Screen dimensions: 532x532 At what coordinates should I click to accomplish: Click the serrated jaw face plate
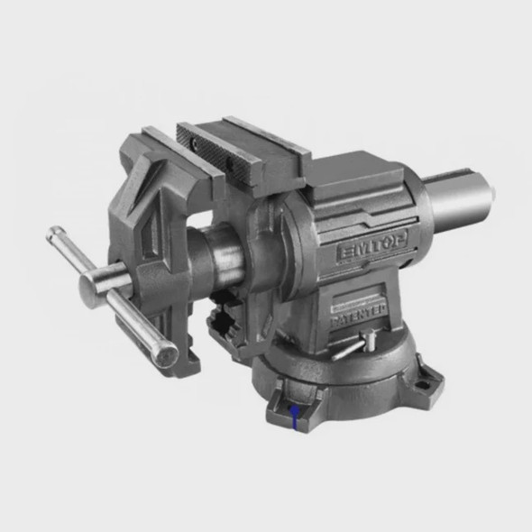[216, 150]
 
